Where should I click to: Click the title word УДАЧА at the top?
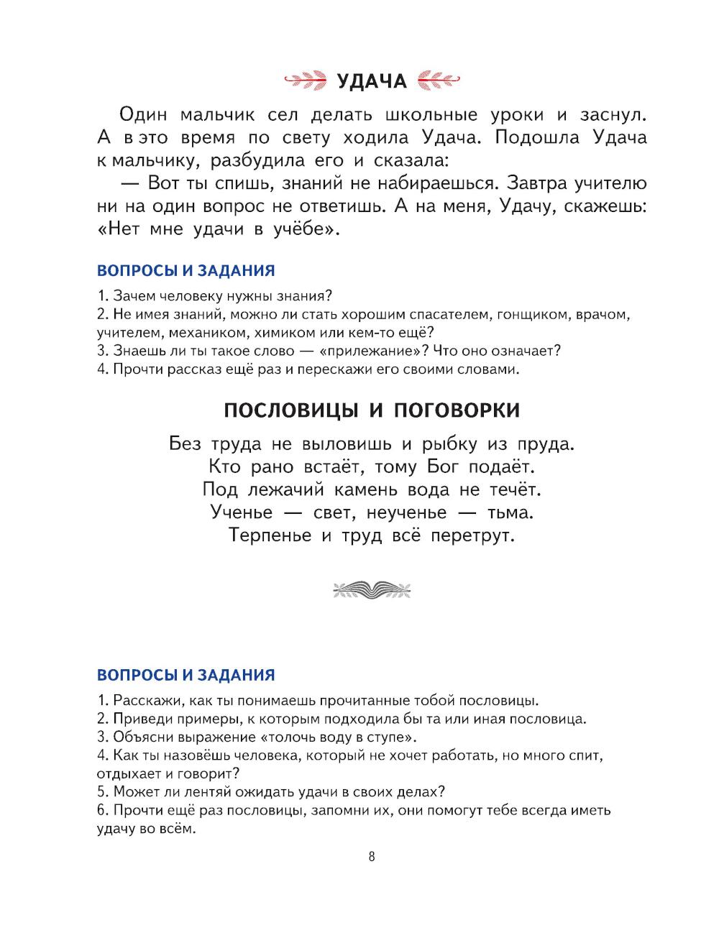(372, 80)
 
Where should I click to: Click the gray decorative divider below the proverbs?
(372, 591)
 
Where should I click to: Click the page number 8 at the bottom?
(371, 856)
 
